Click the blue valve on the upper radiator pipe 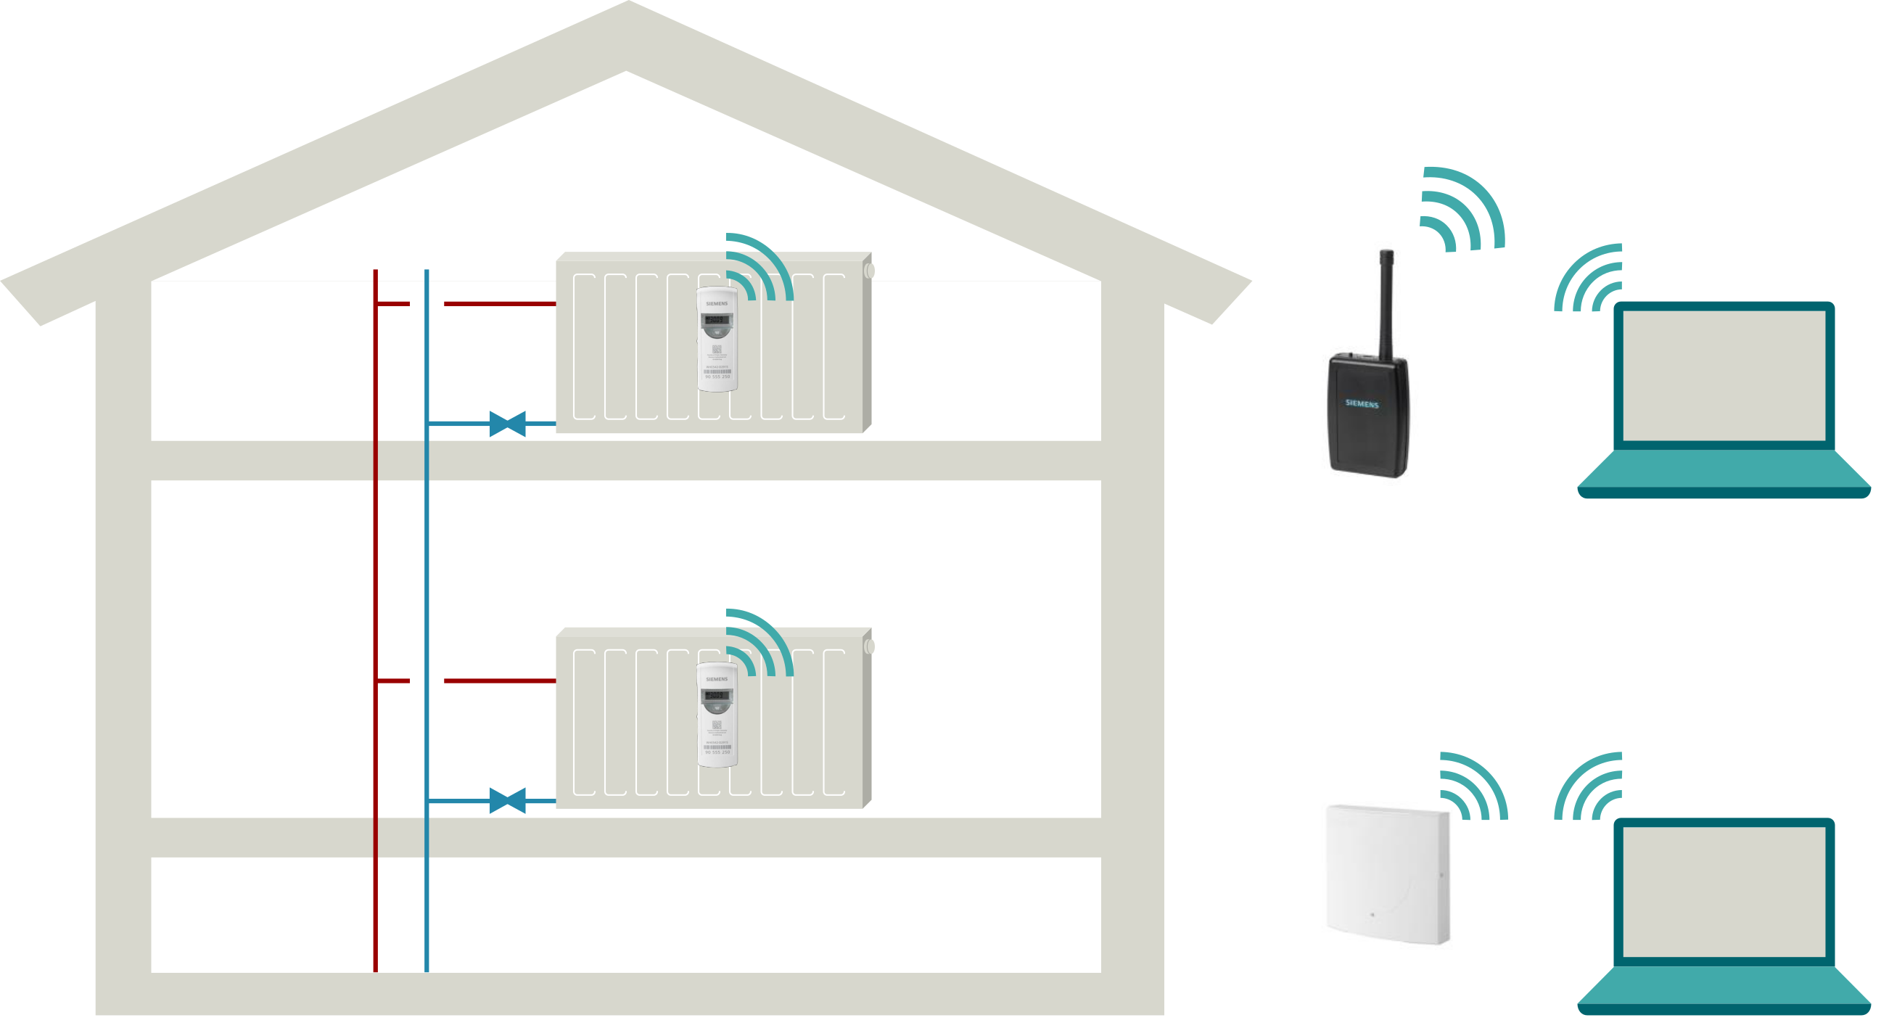coord(507,424)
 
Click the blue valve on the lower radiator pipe coord(507,800)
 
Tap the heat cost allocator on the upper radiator coord(717,339)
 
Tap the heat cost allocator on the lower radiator coord(717,715)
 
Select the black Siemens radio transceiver coord(1367,414)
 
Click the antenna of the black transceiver coord(1386,300)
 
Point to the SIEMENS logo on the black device coord(1362,403)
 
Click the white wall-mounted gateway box coord(1388,874)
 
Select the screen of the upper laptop coord(1724,375)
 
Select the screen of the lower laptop coord(1724,892)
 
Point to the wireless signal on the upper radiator coord(760,268)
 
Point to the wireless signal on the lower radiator coord(760,643)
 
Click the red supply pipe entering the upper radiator coord(499,303)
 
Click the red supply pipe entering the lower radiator coord(499,681)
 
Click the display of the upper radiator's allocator coord(717,320)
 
